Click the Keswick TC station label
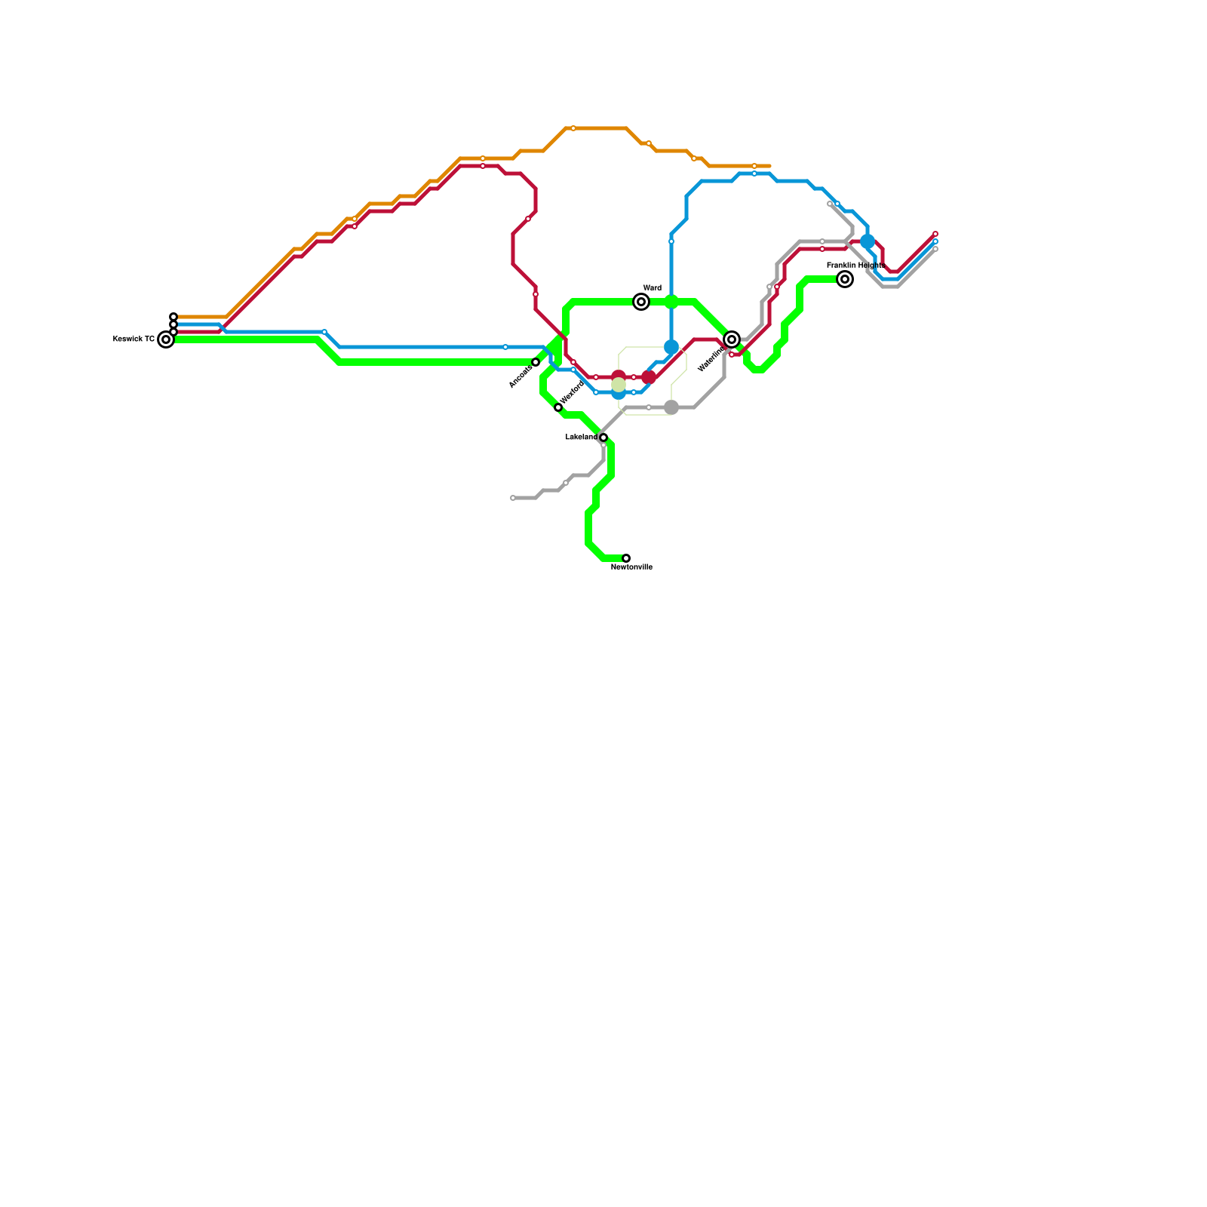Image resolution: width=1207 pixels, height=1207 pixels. [x=134, y=339]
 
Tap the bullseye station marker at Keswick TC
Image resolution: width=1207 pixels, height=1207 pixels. [x=166, y=339]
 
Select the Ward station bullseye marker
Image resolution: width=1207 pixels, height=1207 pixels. [x=641, y=302]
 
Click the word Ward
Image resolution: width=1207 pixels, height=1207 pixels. [x=653, y=288]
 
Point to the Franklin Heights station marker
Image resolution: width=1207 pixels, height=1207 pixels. [x=845, y=279]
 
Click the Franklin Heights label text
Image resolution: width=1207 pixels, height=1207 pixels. [x=855, y=266]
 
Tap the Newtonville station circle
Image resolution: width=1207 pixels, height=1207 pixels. [x=626, y=558]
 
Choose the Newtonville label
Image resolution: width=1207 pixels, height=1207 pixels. [x=631, y=567]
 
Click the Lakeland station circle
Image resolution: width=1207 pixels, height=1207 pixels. [x=603, y=438]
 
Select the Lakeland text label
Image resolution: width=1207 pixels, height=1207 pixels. [x=581, y=438]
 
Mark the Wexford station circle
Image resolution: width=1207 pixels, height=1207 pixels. [x=558, y=407]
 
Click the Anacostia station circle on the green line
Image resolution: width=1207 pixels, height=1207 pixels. [x=536, y=362]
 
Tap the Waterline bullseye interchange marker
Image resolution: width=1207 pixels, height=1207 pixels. [x=732, y=339]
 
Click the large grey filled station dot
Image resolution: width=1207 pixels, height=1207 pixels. [x=671, y=407]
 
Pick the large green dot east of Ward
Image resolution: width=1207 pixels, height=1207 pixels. [x=671, y=302]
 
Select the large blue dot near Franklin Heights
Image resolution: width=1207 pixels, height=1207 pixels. [x=868, y=241]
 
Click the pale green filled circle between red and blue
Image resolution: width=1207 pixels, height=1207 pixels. [x=619, y=385]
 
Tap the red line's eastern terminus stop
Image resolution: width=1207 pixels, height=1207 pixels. [x=935, y=234]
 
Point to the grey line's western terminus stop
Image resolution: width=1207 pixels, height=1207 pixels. [x=513, y=498]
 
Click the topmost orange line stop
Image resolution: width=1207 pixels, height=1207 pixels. [x=573, y=128]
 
